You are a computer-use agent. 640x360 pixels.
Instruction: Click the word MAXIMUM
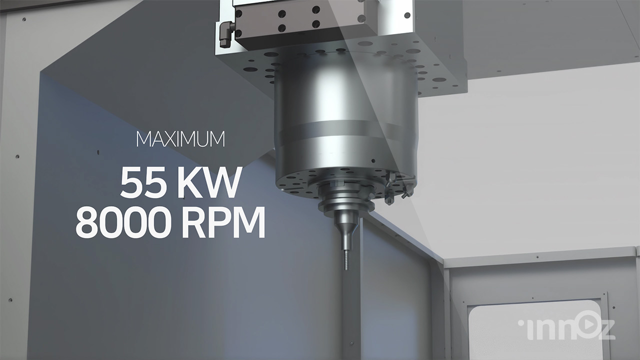coord(180,139)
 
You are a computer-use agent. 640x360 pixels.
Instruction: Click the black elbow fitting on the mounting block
coord(225,35)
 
